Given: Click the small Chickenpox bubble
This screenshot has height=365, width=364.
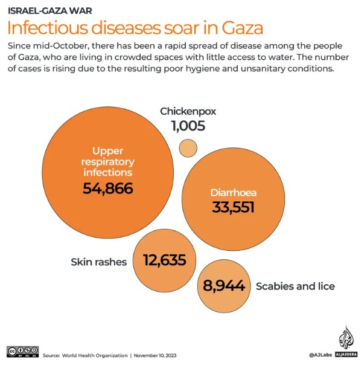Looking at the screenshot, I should [x=188, y=147].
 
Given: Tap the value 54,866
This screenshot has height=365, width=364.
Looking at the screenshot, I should [x=107, y=188].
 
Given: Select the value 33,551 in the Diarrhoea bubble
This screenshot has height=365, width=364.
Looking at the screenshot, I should [x=233, y=207].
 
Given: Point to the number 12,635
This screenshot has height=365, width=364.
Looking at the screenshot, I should [x=169, y=260].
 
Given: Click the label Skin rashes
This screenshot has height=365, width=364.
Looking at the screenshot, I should [x=98, y=262].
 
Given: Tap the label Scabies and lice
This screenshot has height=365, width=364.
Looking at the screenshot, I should [x=295, y=286].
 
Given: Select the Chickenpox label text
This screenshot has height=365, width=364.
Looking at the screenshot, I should [x=188, y=111].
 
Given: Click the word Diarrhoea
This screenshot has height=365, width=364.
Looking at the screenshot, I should [x=233, y=193].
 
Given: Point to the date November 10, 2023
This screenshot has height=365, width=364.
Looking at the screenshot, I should [x=155, y=355].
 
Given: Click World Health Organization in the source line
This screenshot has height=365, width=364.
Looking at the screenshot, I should [x=94, y=355].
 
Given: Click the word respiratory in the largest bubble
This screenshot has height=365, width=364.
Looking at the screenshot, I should [x=109, y=162].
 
